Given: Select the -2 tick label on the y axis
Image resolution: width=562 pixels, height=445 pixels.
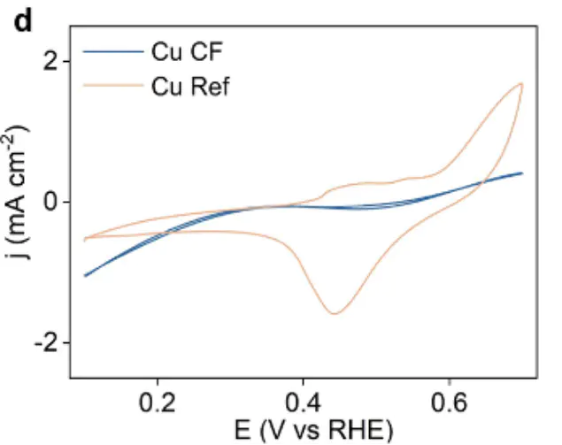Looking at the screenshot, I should click(x=48, y=342).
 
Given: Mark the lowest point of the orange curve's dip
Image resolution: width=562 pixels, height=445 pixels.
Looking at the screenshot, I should click(x=335, y=313).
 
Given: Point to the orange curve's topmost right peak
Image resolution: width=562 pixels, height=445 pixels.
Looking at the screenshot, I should click(x=521, y=83).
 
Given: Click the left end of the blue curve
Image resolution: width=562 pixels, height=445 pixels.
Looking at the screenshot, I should click(x=85, y=275).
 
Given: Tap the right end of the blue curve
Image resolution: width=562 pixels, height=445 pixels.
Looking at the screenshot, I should click(x=522, y=173).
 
